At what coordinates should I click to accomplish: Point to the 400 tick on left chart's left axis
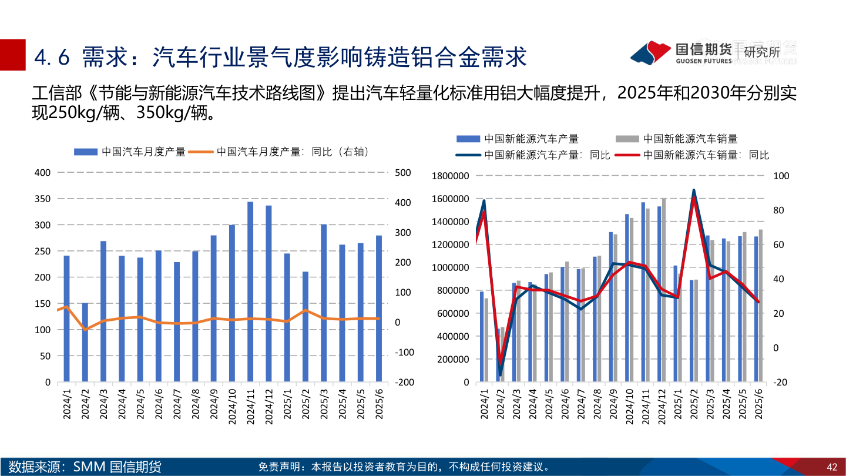tap(43, 173)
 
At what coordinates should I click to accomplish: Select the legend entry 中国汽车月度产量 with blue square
tap(130, 152)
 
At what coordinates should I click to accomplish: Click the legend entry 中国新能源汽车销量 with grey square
tap(676, 139)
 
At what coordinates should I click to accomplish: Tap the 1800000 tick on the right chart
tap(450, 176)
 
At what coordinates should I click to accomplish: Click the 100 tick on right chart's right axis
tap(781, 176)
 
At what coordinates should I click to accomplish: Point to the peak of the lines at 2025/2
tap(694, 192)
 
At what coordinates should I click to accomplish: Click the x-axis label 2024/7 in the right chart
tap(581, 405)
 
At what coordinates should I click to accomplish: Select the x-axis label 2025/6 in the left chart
tap(379, 405)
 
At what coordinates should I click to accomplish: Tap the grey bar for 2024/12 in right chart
tap(664, 290)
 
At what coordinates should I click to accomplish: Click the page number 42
tap(831, 467)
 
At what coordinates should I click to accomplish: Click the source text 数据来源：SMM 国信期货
tap(85, 467)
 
